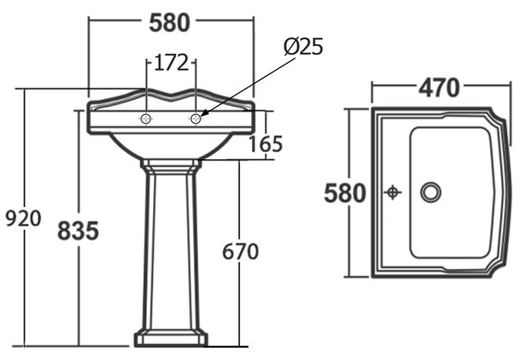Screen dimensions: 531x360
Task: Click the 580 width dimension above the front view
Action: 170,23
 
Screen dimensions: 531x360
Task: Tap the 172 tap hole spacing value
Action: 171,63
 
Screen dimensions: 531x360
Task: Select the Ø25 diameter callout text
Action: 304,46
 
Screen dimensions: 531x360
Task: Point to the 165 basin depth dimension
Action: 265,144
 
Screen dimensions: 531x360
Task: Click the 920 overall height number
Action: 23,218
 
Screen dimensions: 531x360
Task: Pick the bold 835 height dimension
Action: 78,231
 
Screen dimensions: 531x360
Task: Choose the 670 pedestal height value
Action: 241,252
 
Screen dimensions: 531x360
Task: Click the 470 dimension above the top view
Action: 439,88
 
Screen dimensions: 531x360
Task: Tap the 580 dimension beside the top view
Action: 345,193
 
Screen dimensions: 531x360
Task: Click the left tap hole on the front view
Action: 146,119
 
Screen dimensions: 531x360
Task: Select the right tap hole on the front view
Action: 196,119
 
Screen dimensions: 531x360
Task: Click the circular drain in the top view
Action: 431,192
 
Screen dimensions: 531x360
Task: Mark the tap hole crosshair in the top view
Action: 393,193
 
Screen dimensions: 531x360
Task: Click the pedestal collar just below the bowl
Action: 171,167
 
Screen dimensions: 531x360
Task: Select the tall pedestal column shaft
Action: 171,249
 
